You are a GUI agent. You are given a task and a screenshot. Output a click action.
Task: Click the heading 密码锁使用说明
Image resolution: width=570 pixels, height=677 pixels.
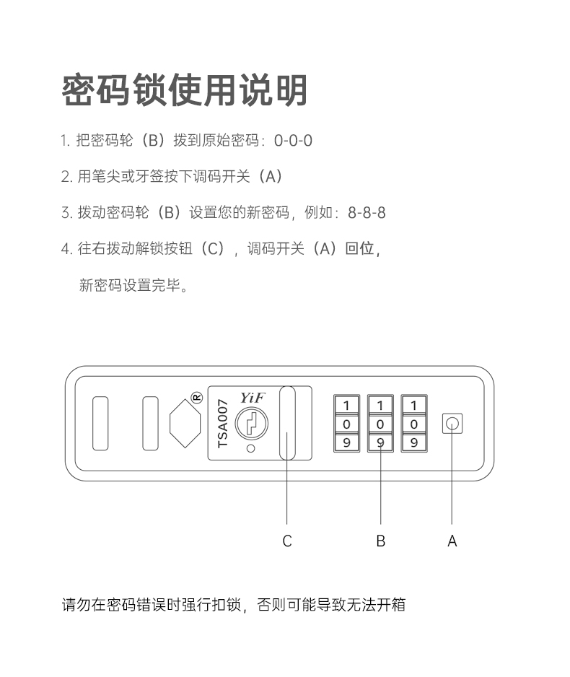pos(185,90)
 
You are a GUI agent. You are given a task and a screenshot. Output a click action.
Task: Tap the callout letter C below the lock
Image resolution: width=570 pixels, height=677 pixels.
pos(287,541)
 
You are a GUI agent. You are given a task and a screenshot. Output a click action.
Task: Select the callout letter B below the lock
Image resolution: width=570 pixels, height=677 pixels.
pos(380,541)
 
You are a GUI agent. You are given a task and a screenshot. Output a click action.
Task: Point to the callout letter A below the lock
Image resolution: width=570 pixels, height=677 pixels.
pos(452,541)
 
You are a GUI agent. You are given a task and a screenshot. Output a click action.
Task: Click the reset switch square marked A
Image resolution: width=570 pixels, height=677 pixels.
pos(452,424)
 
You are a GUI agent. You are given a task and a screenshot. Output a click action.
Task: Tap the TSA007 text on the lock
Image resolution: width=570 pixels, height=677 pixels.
pos(223,424)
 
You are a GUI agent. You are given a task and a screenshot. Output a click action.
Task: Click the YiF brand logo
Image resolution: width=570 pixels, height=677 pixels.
pos(252,398)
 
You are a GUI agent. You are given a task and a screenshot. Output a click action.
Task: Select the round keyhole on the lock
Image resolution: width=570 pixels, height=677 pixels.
pos(251,424)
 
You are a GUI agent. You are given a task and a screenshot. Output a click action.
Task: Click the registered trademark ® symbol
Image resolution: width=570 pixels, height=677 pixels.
pos(197,397)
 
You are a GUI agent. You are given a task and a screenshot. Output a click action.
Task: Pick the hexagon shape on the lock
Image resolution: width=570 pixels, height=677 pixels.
pos(185,424)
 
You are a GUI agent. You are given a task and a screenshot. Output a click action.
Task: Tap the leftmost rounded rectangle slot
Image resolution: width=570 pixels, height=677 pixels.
pos(100,424)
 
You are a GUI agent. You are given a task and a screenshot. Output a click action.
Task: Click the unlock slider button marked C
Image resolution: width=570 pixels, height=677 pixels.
pos(287,424)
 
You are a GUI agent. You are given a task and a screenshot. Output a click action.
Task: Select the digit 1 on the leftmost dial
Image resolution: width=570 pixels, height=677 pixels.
pos(346,406)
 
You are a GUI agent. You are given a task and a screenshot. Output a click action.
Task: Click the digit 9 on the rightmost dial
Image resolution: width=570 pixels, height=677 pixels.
pos(414,442)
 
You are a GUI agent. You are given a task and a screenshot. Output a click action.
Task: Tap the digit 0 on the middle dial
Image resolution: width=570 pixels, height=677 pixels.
pos(380,424)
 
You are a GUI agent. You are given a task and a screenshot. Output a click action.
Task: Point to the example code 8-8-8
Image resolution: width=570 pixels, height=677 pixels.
pos(367,213)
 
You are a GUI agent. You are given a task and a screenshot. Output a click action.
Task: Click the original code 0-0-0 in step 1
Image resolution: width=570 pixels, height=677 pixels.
pos(293,140)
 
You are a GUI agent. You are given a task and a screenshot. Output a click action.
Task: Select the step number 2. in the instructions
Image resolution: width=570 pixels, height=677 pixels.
pos(66,177)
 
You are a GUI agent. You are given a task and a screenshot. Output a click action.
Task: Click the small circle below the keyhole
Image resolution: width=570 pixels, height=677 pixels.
pos(250,449)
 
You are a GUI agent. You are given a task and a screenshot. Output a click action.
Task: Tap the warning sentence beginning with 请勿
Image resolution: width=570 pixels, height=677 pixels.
pos(234,604)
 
